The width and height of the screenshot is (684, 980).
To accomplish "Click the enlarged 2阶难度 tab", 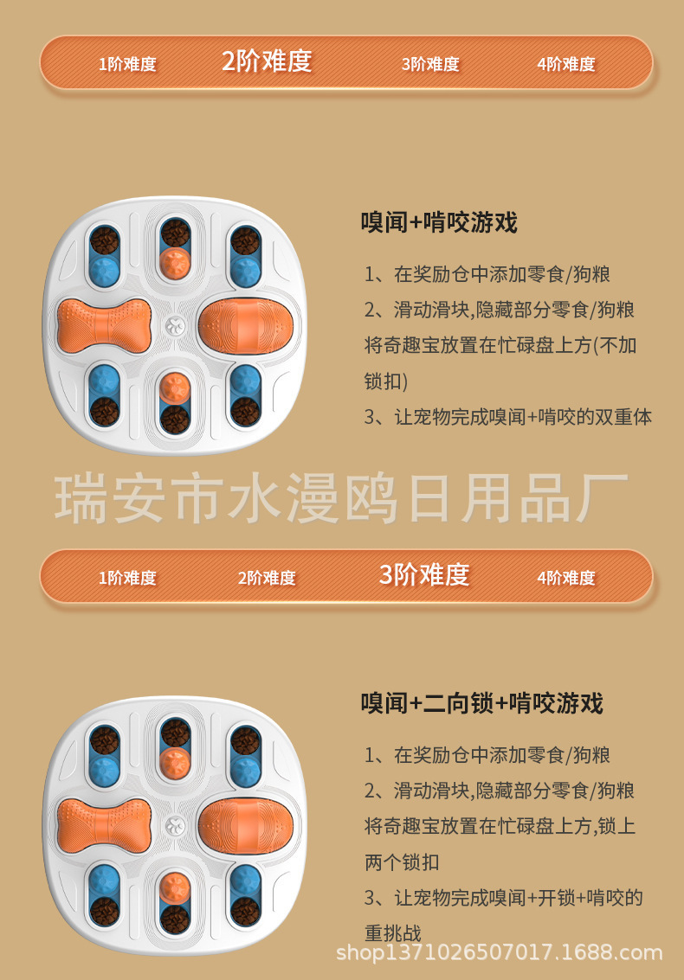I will (x=267, y=61).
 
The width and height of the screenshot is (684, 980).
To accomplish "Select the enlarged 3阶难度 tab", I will (x=424, y=574).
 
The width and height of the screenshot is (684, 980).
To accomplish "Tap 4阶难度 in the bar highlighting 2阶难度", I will (x=566, y=64).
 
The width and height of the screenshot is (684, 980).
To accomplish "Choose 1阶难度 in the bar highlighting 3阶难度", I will (x=127, y=578).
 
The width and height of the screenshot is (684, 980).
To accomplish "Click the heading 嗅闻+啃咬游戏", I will (x=439, y=222).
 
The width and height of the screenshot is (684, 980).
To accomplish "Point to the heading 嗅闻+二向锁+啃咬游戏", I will (x=481, y=702).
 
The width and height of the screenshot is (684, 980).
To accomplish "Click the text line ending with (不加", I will (x=500, y=345).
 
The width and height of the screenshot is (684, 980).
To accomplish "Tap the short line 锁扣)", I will (x=386, y=381).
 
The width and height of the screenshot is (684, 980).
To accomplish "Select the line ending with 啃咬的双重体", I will (x=507, y=416).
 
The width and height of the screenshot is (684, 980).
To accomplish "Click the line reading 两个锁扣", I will (x=402, y=862).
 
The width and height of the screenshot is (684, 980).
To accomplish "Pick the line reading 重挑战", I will (x=393, y=932).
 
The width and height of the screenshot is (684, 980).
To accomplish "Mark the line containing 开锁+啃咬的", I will (x=503, y=897).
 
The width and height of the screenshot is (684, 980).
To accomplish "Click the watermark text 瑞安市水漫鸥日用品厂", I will (x=341, y=499).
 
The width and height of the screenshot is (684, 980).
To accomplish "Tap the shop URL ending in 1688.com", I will (x=499, y=953).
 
